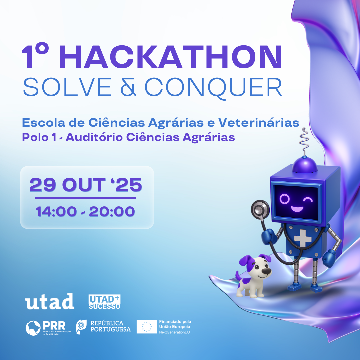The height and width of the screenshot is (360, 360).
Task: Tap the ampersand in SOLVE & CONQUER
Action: [128, 87]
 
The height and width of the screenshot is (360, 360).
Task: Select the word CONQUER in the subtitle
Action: [213, 88]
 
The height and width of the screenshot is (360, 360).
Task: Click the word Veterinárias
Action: [259, 122]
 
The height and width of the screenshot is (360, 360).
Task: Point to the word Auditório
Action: [94, 137]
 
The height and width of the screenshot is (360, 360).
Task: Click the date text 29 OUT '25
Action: [86, 185]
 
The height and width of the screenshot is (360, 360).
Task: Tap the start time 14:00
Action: [56, 211]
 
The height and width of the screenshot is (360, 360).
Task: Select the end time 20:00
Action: [112, 211]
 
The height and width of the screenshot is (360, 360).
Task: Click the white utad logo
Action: [50, 301]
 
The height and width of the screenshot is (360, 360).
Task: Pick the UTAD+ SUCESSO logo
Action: [104, 302]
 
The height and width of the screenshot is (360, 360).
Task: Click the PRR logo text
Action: [54, 325]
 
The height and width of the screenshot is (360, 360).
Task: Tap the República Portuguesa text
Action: [110, 326]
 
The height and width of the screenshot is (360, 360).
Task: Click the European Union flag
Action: [147, 326]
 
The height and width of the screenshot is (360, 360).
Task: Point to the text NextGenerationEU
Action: [174, 332]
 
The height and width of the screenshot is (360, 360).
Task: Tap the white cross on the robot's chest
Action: [303, 238]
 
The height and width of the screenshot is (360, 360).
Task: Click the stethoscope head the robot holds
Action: [260, 209]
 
